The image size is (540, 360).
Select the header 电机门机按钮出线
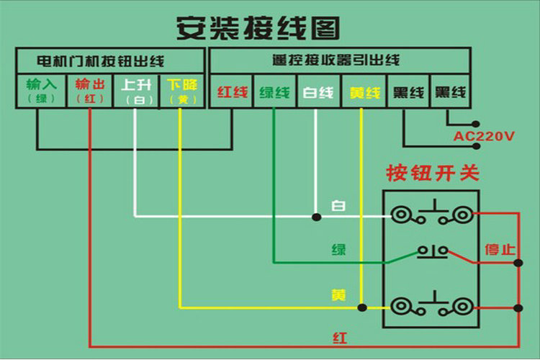click(110, 60)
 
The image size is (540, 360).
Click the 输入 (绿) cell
click(41, 91)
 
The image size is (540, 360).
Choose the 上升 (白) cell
click(136, 91)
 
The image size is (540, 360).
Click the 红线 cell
click(232, 93)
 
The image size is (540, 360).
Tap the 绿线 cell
click(274, 93)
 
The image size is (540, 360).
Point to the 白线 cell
click(318, 93)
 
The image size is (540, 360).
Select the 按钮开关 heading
click(433, 174)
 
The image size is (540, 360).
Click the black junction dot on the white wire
click(315, 216)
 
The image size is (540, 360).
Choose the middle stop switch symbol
click(433, 251)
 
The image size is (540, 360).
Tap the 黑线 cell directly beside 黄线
click(408, 93)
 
